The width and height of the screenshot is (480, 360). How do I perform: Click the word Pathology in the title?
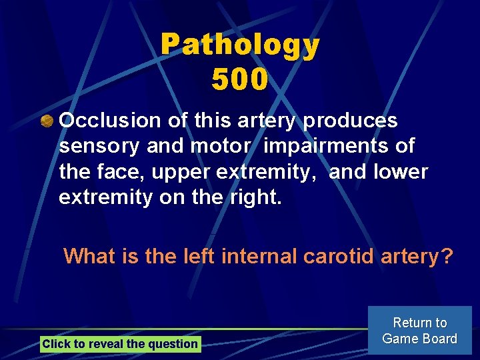point(240,45)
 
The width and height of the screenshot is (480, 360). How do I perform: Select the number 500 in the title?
point(240,80)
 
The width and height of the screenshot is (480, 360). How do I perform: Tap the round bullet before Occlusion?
point(47,122)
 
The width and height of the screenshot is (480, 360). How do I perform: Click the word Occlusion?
point(110,121)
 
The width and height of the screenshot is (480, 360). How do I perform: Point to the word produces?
point(351,121)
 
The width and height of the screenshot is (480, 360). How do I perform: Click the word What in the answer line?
point(90,255)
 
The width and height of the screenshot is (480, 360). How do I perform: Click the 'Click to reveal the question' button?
point(120,344)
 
